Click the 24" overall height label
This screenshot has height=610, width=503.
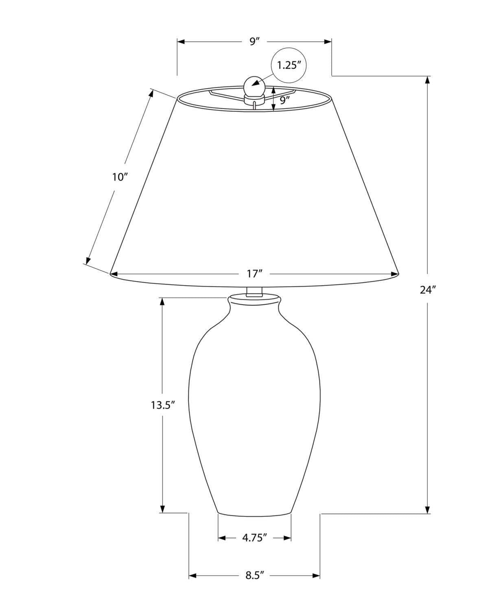[x=428, y=290]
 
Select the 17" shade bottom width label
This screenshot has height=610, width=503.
[x=253, y=274]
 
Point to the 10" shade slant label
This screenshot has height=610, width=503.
[x=120, y=177]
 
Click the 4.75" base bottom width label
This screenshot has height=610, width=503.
[x=254, y=538]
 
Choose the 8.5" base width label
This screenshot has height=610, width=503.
[x=255, y=575]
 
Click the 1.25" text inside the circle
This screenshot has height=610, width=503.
[x=289, y=65]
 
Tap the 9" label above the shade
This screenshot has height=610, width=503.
[x=254, y=41]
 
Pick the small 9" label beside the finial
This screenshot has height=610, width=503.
[x=286, y=100]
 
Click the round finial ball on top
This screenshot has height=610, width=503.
[x=254, y=86]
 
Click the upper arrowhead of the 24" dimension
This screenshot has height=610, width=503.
[x=427, y=80]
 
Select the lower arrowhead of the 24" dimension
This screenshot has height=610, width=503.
[x=427, y=510]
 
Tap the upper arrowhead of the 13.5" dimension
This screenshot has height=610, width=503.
[x=162, y=301]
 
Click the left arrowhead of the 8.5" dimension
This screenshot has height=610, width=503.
[x=192, y=575]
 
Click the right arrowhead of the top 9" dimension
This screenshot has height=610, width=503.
[x=328, y=41]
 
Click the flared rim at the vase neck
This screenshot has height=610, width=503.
[x=254, y=300]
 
